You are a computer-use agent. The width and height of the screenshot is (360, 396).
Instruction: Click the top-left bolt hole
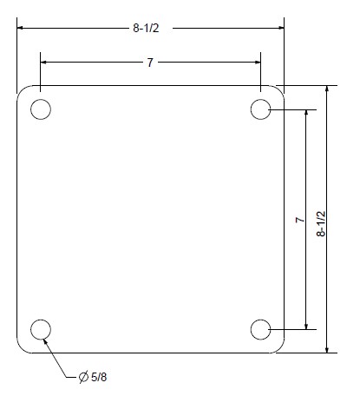coord(41,109)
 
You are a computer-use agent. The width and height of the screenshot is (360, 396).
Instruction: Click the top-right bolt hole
coord(261,109)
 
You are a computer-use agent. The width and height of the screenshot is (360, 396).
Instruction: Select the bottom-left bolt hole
coord(41,329)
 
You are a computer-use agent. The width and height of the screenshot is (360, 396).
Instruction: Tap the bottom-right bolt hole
coord(261,329)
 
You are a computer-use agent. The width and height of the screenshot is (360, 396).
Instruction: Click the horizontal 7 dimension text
coord(151,63)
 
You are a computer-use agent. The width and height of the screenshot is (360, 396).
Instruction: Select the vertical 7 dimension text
coord(298,221)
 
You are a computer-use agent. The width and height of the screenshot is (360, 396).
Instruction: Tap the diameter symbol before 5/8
coord(83,378)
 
